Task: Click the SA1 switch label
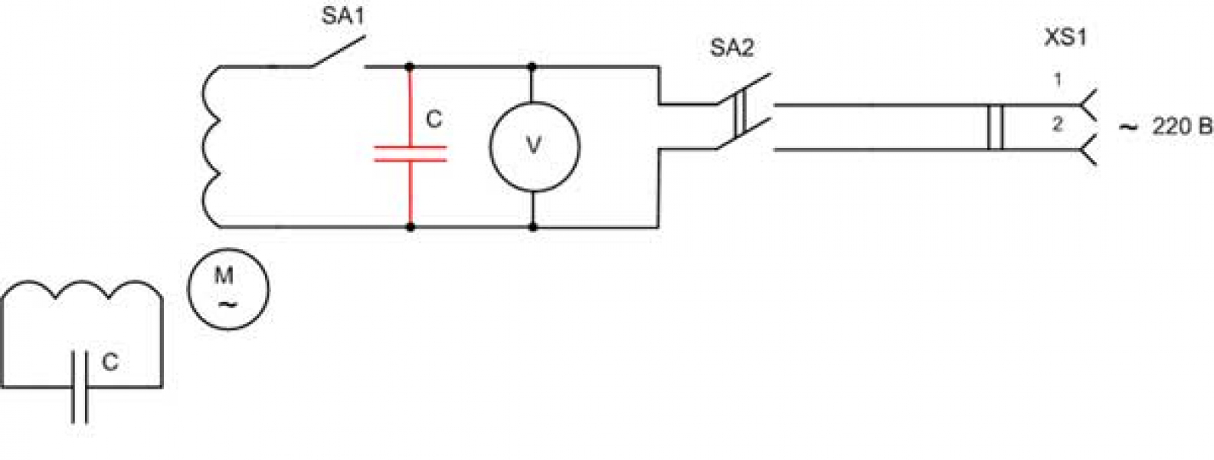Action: (344, 16)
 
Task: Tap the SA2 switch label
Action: (732, 48)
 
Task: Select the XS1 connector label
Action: (1065, 38)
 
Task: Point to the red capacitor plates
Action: (411, 153)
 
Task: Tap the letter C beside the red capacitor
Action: (434, 120)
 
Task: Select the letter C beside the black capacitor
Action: (110, 362)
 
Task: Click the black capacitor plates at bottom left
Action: (80, 387)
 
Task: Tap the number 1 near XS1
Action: (1057, 80)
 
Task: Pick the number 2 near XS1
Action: (1058, 125)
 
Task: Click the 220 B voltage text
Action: (1182, 127)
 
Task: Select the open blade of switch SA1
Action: (339, 52)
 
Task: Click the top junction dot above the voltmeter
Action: (532, 67)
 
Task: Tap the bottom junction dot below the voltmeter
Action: (533, 227)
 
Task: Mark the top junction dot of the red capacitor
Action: (410, 67)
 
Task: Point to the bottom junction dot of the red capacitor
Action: (411, 227)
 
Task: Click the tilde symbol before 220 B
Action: (1127, 127)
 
